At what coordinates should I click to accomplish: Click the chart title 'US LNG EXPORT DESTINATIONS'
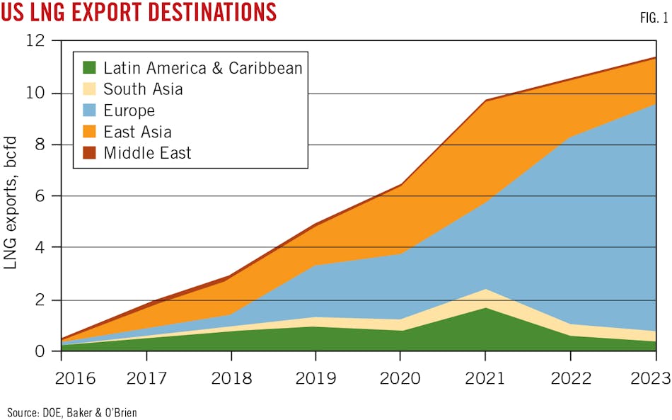point(139,13)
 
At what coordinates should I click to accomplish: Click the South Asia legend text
point(143,89)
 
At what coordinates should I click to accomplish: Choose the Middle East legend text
point(147,153)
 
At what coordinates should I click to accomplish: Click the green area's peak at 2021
point(485,308)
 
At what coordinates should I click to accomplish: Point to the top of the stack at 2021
point(485,100)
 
